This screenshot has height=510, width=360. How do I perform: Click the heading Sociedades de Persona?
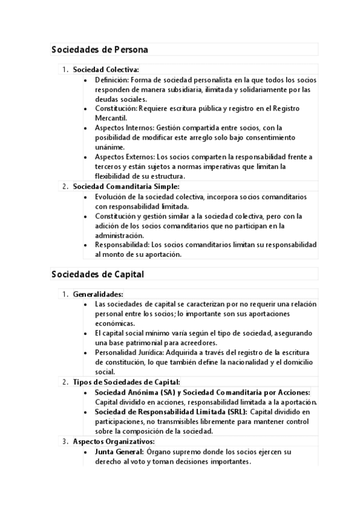point(99,49)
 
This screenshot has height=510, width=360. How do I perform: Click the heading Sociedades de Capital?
point(97,274)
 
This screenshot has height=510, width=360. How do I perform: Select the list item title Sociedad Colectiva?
point(106,70)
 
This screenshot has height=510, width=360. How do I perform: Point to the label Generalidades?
point(98,294)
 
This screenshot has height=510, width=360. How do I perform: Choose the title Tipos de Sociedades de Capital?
point(126,382)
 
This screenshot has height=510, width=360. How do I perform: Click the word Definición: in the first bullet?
point(112,79)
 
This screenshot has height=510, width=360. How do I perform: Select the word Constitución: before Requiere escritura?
point(117,108)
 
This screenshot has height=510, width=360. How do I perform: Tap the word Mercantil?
point(110,118)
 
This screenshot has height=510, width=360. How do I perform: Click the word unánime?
point(109,147)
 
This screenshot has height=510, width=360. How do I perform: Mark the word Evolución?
point(111,197)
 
